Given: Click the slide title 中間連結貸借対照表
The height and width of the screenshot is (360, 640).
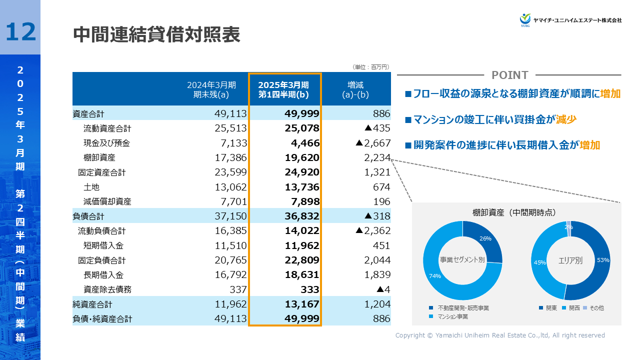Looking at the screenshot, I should click(156, 35).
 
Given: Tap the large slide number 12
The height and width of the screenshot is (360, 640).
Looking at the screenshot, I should click(21, 31).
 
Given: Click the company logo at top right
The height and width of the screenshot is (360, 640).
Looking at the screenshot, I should click(570, 20).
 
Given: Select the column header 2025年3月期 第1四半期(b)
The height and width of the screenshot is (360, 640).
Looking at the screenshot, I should click(283, 89).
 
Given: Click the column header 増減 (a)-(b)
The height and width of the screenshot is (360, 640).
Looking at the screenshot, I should click(355, 89).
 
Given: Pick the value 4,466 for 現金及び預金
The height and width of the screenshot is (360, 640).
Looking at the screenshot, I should click(305, 143).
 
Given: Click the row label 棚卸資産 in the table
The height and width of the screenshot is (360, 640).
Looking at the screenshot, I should click(99, 157).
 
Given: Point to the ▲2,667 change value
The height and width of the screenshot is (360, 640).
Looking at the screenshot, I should click(372, 143).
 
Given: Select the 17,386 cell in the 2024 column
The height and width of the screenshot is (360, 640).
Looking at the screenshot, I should click(230, 157).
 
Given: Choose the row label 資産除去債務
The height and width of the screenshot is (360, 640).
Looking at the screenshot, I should click(107, 289).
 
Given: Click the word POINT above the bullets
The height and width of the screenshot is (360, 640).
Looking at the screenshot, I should click(509, 75).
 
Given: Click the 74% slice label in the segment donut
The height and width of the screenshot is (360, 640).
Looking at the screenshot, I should click(434, 275).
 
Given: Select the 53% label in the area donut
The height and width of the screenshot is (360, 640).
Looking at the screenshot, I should click(602, 260).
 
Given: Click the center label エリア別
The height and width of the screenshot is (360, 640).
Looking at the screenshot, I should click(570, 260).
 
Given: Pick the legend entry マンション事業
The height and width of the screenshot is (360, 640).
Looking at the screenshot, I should click(452, 317).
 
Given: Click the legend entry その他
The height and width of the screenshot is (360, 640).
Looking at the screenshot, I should click(596, 308).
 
